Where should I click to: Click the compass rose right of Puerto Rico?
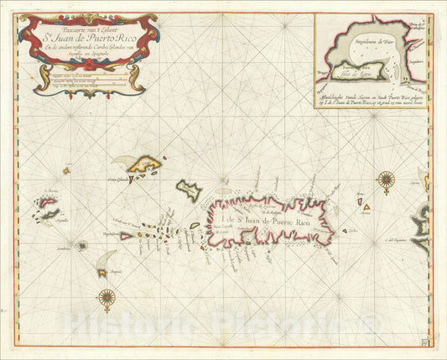(x=386, y=178)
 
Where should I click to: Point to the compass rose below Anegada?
(x=107, y=295)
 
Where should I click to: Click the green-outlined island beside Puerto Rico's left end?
(x=190, y=190)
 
